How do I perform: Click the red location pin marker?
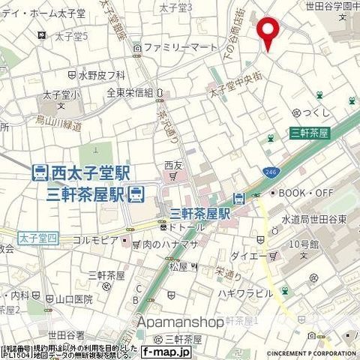tap(268, 34)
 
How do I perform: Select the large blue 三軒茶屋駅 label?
tap(85, 195)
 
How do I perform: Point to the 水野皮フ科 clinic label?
tap(101, 75)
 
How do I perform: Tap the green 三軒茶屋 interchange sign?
tap(310, 133)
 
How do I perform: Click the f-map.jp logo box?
tap(166, 350)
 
